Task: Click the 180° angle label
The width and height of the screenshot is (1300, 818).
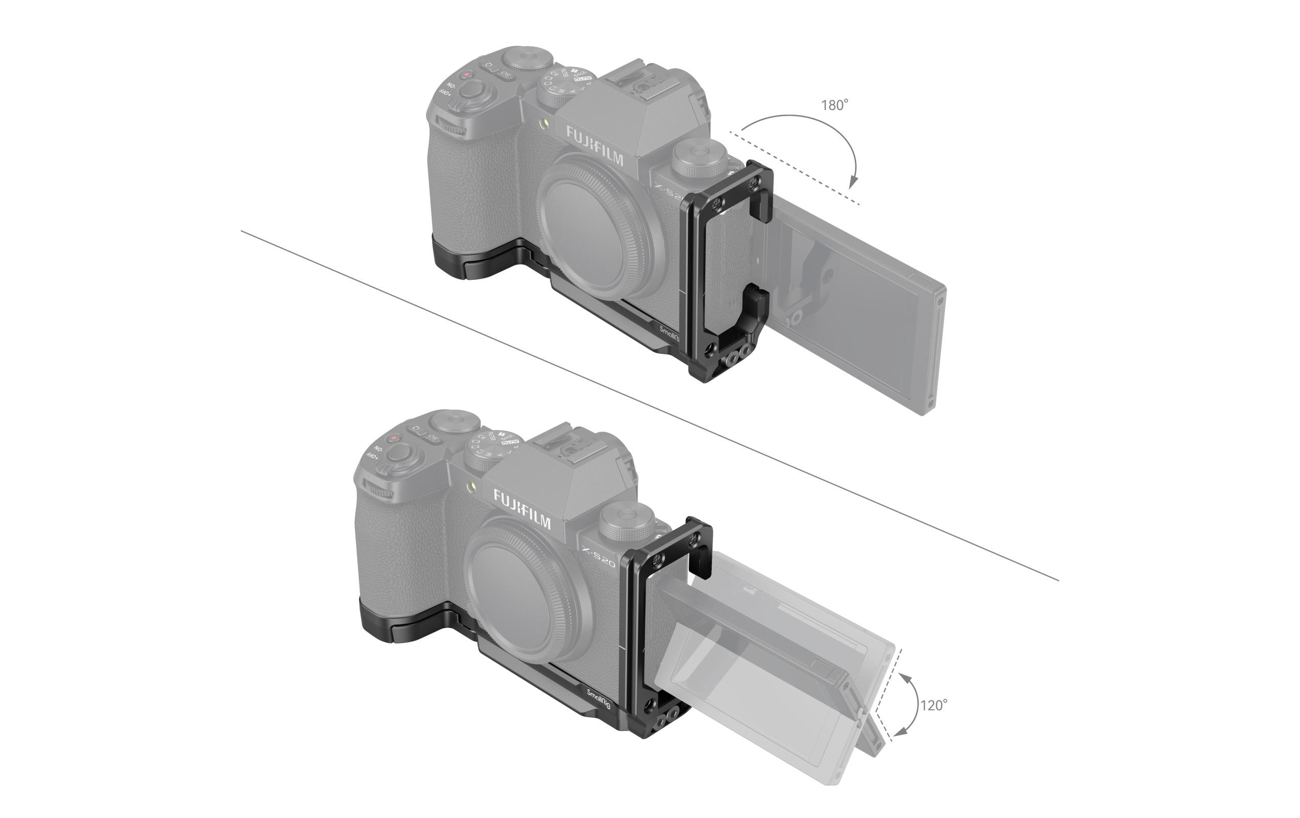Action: click(834, 105)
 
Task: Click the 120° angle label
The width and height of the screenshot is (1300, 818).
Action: click(933, 705)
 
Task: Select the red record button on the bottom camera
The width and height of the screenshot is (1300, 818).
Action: click(395, 438)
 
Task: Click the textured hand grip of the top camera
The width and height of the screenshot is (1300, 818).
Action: click(469, 189)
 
